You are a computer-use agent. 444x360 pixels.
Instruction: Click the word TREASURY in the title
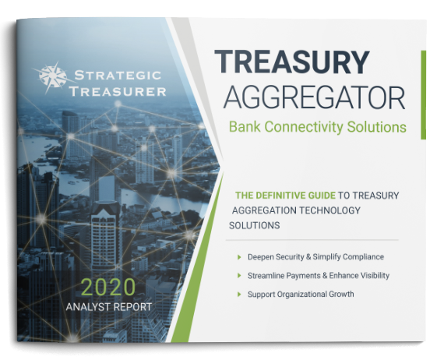point(292,62)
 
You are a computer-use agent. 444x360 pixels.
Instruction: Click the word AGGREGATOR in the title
point(315,98)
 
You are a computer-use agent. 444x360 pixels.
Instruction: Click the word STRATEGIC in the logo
point(118,76)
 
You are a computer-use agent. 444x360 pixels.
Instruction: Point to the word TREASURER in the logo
point(118,91)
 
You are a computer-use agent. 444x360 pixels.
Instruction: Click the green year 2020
point(108,288)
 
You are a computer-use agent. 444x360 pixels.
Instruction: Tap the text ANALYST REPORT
point(109,307)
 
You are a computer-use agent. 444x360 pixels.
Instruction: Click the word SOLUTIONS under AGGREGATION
point(254,225)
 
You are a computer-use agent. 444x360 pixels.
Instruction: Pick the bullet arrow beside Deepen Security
point(239,257)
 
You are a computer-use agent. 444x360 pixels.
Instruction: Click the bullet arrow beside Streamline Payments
point(239,275)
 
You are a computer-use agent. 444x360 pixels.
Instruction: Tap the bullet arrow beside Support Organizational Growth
point(239,295)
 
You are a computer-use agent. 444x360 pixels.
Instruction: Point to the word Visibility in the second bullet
point(373,276)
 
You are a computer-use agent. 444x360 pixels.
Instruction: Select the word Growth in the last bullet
point(341,294)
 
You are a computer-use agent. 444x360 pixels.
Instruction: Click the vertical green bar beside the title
point(423,95)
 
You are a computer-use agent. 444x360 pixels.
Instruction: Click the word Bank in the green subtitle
point(245,127)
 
